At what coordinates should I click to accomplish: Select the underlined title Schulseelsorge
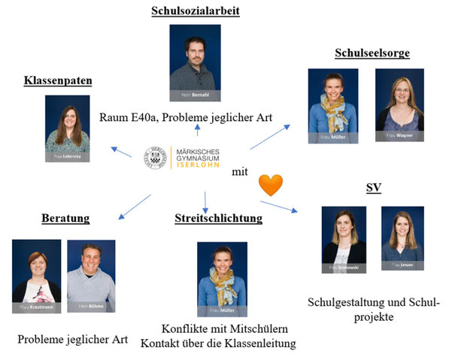(372, 53)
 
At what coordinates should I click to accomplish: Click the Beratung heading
(65, 219)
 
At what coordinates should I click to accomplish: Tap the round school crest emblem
(155, 158)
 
